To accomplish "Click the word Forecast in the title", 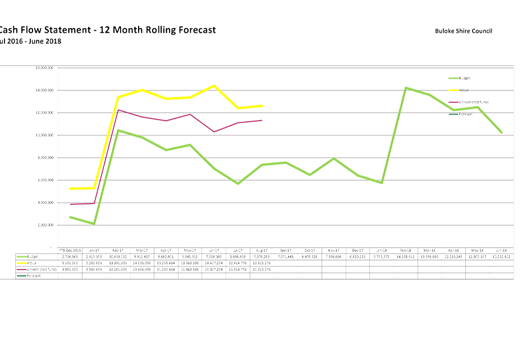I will tap(189, 30).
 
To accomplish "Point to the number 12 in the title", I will tap(105, 30).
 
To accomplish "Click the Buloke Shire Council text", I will tap(463, 31).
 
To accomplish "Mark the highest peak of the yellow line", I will tap(214, 85).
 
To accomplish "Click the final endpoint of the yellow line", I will tap(263, 106).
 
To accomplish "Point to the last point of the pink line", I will tap(263, 120).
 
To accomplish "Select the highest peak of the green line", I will tap(406, 87).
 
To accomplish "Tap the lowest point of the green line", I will tap(94, 224).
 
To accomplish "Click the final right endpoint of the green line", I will tap(502, 133).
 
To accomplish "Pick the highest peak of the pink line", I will tap(118, 110).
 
